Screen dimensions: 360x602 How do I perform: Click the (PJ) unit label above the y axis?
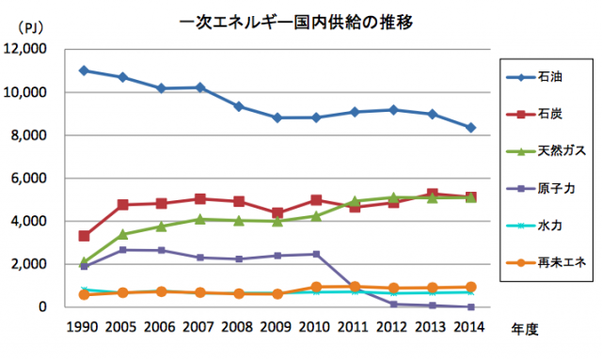[x=21, y=28]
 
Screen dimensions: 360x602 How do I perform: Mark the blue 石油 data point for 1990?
[x=84, y=70]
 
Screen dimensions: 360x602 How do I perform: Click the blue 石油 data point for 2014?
[x=470, y=127]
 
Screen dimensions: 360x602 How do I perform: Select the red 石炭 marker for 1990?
[x=84, y=236]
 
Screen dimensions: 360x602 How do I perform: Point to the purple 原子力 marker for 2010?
[x=316, y=254]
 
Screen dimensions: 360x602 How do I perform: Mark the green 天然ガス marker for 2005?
[x=122, y=234]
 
